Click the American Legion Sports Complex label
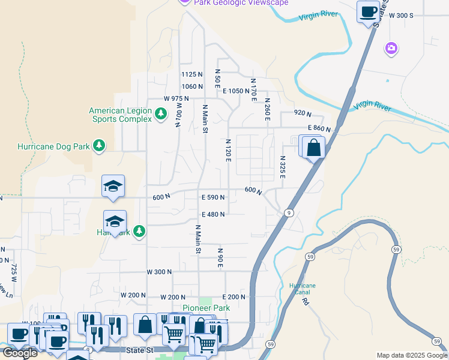(x=120, y=115)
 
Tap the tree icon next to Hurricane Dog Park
(x=100, y=146)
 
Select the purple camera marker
(x=391, y=48)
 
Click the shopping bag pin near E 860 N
(x=313, y=148)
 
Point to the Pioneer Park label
(x=206, y=308)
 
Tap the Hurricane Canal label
(x=302, y=289)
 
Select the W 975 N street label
(x=176, y=98)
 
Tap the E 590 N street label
(x=213, y=197)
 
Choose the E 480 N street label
(x=213, y=214)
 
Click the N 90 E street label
(x=220, y=258)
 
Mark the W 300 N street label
(x=159, y=272)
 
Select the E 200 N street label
(x=234, y=297)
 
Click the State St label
(x=140, y=349)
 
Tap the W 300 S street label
(x=402, y=15)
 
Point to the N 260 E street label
(x=267, y=110)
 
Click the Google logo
(x=20, y=353)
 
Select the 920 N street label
(x=303, y=113)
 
